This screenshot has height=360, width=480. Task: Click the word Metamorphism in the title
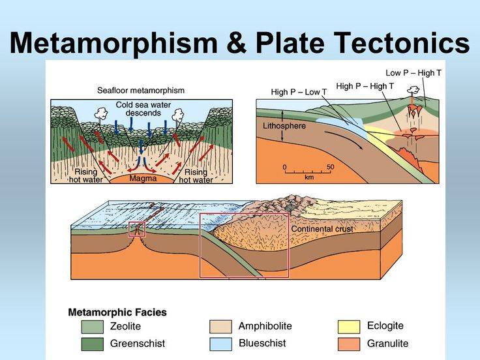113,42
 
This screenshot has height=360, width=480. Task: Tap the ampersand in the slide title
236,42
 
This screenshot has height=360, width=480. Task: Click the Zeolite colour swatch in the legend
93,326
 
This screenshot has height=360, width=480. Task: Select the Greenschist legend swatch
93,344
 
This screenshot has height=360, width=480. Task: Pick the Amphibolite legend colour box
220,326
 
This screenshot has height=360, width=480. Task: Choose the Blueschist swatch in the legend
220,344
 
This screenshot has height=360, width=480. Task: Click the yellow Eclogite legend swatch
349,326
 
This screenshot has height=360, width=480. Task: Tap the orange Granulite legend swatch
349,344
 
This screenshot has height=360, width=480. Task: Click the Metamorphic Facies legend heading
117,312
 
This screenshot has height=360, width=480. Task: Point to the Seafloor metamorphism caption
141,91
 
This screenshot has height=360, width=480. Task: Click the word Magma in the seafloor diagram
143,178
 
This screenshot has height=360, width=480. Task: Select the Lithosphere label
284,126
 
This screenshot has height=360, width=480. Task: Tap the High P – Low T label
299,92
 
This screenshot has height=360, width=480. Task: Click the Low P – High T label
413,73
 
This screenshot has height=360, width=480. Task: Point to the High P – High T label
365,86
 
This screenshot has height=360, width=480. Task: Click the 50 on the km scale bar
330,167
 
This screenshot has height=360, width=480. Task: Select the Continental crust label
322,229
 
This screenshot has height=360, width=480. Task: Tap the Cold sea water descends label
143,109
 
